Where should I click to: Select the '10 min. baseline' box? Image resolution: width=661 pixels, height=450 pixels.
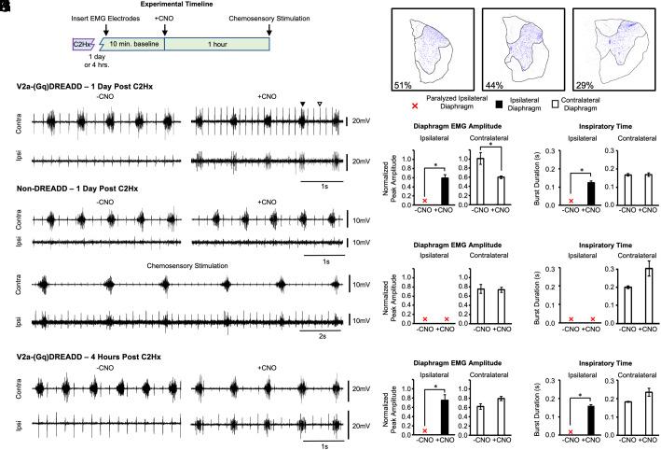point(131,43)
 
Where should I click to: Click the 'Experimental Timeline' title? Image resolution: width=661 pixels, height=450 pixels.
point(172,5)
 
